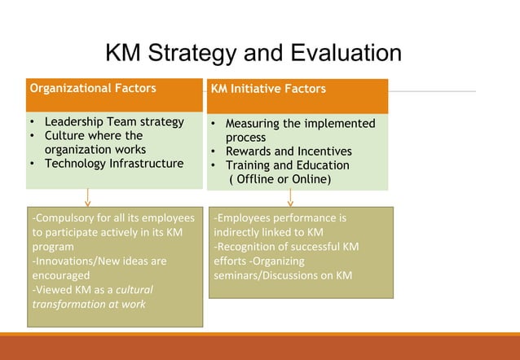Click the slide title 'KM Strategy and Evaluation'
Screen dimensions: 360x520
[253, 54]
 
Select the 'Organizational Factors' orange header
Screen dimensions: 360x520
[93, 88]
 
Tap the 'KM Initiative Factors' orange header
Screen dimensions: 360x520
[268, 89]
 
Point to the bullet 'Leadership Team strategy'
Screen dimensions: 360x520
[114, 121]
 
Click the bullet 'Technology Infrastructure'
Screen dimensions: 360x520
[114, 163]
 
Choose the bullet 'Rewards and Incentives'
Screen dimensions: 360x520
[289, 151]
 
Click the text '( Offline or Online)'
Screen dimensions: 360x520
[279, 179]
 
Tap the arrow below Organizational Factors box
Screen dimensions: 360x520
[88, 198]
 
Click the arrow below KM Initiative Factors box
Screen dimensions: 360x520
[290, 198]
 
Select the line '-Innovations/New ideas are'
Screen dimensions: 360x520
[99, 261]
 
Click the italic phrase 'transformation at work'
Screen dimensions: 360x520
[89, 304]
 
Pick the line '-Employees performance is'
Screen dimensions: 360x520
[280, 218]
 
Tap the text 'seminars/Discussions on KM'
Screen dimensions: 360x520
[283, 275]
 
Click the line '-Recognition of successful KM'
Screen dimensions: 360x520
[286, 247]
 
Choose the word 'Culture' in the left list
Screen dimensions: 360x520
[64, 135]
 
